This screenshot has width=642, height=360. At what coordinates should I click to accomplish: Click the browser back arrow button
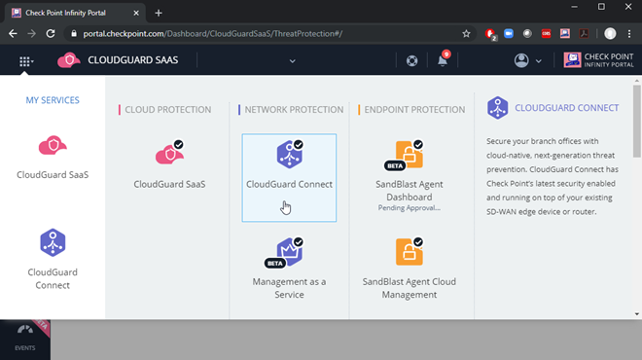14,32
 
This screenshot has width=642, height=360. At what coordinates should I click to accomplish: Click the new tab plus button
159,12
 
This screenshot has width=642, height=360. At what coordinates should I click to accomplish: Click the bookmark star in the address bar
466,32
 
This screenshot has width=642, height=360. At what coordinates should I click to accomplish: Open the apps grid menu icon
25,60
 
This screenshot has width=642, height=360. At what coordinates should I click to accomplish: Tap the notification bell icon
443,61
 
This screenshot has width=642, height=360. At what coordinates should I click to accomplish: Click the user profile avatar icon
521,60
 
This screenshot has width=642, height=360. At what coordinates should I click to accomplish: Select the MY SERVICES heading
53,100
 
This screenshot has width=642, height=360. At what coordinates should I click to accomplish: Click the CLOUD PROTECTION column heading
167,110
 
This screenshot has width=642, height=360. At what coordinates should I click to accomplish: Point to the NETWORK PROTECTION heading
293,110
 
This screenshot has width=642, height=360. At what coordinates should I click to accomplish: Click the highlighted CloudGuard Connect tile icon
289,154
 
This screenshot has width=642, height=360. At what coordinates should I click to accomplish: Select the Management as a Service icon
289,252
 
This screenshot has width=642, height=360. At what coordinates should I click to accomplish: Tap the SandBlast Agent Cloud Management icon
409,252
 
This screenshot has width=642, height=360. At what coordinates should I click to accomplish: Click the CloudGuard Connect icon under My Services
53,242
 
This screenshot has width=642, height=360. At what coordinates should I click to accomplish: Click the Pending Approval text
409,207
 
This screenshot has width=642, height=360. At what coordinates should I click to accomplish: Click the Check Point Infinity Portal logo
599,60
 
